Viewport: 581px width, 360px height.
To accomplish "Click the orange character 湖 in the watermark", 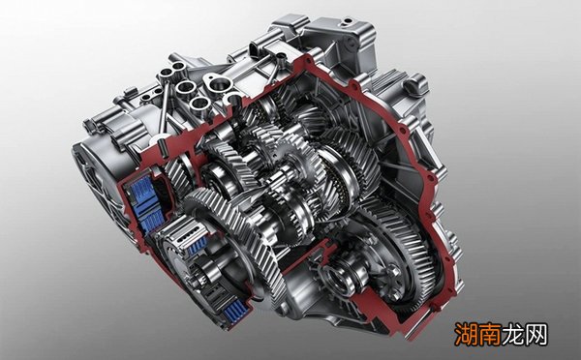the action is click(x=467, y=334).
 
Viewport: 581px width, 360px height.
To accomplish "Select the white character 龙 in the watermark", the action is click(x=513, y=334).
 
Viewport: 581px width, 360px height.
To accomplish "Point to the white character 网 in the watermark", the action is click(x=535, y=334).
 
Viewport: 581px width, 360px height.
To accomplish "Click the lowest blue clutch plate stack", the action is click(x=233, y=311).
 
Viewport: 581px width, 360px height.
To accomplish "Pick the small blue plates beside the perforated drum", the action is click(x=198, y=245).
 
